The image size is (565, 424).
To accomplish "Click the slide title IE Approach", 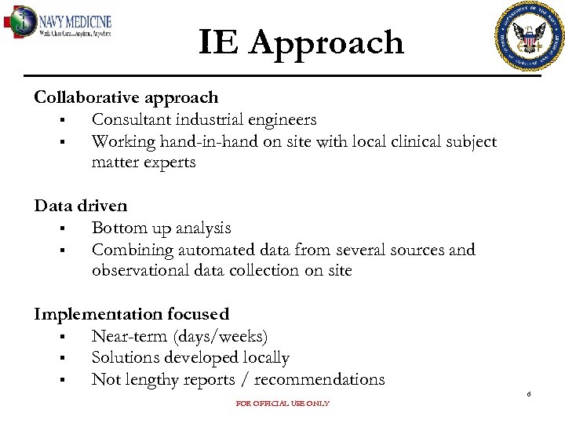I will tap(301, 42).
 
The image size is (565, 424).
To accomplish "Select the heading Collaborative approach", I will tap(126, 97).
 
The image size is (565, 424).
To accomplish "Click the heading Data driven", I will tap(81, 206).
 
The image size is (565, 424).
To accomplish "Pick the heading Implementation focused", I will tap(132, 314).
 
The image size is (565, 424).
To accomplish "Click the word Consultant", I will tap(129, 120).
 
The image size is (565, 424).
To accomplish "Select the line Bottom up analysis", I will tap(162, 228).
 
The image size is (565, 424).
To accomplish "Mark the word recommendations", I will tap(319, 380).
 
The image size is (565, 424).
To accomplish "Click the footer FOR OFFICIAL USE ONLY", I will tap(282, 404).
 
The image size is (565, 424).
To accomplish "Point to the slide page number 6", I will tap(529, 394).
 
